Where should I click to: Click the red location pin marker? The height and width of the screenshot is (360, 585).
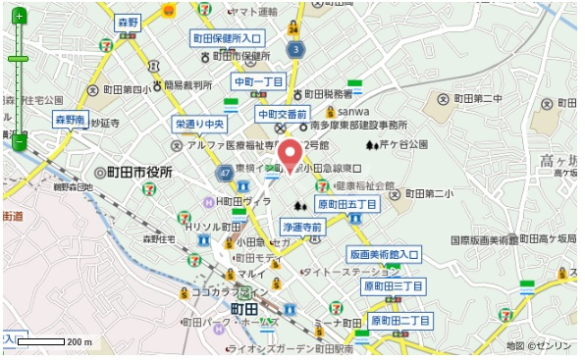(291, 157)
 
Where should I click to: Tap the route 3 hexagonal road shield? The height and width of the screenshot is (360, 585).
(294, 49)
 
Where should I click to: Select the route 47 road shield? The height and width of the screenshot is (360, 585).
(227, 172)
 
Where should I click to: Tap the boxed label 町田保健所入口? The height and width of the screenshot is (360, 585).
(228, 38)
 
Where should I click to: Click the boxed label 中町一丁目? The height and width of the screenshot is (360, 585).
(259, 81)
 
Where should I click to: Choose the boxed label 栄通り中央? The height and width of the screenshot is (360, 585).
(201, 125)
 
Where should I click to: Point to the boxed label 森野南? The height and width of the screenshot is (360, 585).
(71, 120)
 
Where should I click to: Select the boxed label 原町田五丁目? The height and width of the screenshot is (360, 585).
(346, 204)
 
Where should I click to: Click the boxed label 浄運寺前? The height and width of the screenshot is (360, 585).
(302, 227)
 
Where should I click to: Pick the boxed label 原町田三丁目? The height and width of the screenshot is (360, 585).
(394, 286)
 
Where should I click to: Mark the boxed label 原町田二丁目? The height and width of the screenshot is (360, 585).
(400, 321)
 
